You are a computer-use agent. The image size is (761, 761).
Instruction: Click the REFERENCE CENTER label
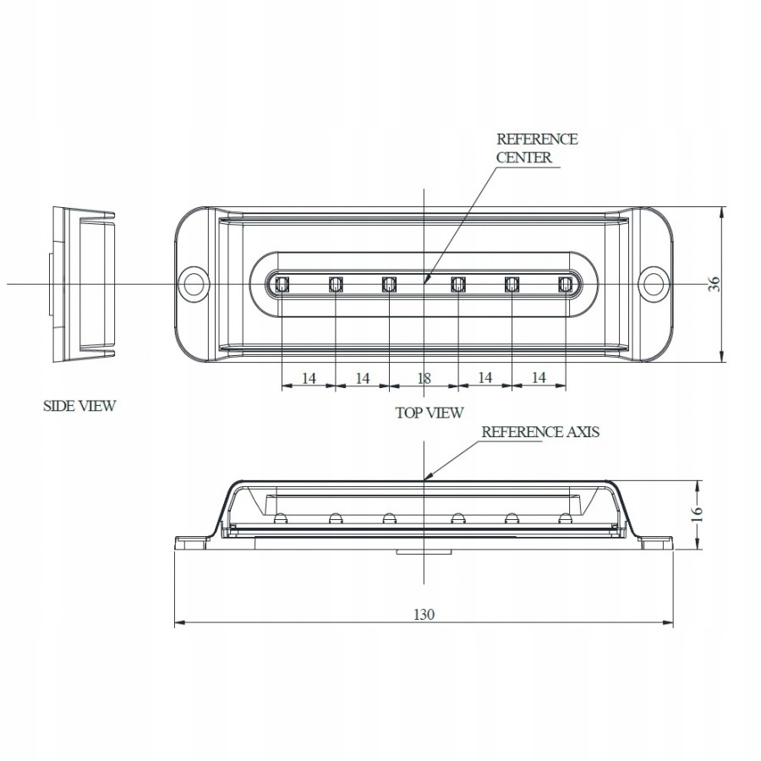click(536, 148)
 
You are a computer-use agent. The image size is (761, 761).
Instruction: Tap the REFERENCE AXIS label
click(540, 432)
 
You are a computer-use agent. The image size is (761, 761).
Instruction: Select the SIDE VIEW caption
click(79, 406)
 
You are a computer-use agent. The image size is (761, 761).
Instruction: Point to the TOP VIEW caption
click(430, 413)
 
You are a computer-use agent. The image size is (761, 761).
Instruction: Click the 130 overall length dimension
click(424, 615)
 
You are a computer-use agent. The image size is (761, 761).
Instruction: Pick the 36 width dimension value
click(715, 284)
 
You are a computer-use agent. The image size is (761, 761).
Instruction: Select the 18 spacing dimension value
click(424, 378)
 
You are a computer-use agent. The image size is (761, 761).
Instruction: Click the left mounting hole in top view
click(194, 283)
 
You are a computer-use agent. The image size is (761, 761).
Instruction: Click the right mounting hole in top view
click(653, 283)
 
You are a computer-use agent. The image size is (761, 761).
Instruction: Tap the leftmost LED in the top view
click(282, 284)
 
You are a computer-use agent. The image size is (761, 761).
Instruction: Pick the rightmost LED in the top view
click(566, 284)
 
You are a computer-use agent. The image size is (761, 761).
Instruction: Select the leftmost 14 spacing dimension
click(309, 378)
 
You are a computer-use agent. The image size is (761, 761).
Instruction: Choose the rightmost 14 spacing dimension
click(539, 378)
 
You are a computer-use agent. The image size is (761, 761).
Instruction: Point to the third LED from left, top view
click(389, 284)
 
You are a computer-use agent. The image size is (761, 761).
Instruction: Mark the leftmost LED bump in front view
click(282, 517)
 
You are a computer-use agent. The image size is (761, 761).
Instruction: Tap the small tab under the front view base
click(423, 551)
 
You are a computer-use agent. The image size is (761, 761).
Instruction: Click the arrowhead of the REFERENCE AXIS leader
click(426, 479)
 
